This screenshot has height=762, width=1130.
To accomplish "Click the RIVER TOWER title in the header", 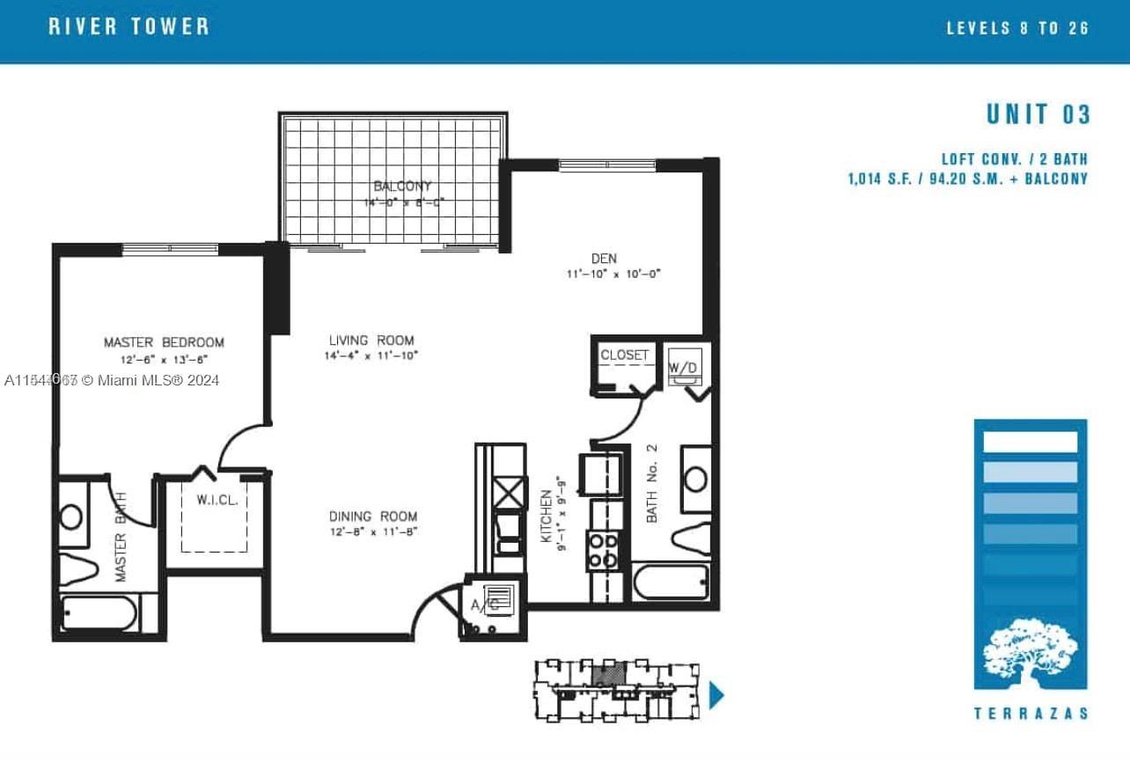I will click(x=129, y=26).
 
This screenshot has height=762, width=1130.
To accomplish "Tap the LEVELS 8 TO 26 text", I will click(x=1017, y=28).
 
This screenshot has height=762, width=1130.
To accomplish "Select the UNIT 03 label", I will click(x=1038, y=114).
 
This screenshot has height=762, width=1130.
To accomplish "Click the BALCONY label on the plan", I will click(x=402, y=187).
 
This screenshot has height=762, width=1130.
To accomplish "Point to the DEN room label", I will click(x=604, y=259).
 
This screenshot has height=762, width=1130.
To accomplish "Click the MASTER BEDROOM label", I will click(x=164, y=342).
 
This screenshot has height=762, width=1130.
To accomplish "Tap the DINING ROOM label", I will click(x=373, y=517).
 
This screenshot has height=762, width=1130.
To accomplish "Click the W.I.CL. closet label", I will click(x=215, y=500).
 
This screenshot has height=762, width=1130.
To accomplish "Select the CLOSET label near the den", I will click(x=624, y=355).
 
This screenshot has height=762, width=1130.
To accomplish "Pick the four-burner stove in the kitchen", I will click(x=603, y=550).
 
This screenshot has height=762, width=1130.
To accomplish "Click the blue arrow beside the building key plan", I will click(x=716, y=695).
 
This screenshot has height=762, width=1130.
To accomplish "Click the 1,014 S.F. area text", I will click(x=883, y=180).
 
